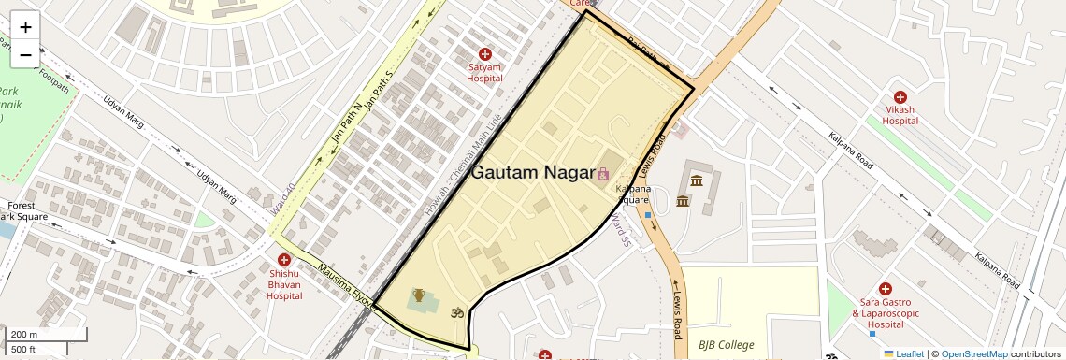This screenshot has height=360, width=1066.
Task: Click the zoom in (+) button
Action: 25,26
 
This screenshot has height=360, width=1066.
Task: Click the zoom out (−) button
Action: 25,54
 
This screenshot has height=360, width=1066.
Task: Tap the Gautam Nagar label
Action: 532,172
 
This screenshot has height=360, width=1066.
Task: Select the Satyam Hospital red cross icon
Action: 484,53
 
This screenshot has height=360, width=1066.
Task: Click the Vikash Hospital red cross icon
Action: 900,96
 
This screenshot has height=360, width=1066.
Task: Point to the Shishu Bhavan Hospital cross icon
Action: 284,259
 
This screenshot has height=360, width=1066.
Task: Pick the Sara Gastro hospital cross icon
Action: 886,289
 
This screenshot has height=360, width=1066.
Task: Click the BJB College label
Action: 726,345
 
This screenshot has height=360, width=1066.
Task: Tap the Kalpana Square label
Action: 633,194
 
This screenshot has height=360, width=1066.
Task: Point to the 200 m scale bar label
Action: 24,334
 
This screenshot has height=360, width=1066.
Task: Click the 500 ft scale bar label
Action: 23,349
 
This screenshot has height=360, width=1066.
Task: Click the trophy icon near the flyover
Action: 419,295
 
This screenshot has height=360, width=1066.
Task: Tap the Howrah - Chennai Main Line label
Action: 464,166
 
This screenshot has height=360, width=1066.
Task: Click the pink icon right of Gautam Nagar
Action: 603,174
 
